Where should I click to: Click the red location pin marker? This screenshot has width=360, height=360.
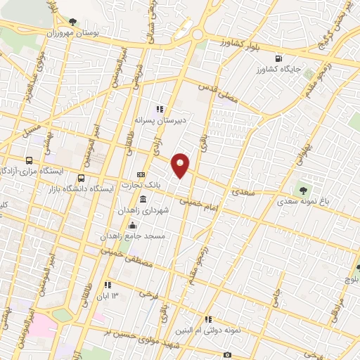(181, 165)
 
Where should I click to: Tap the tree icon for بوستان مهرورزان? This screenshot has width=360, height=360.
(73, 21)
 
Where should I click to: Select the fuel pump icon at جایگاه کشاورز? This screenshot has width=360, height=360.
(280, 58)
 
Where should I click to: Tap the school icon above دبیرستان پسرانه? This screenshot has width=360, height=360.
(160, 109)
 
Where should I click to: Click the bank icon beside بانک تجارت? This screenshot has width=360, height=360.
(141, 174)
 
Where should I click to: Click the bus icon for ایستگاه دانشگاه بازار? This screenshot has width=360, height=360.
(82, 178)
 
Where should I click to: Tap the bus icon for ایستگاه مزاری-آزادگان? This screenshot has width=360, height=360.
(29, 160)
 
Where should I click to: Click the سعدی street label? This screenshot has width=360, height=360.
(243, 191)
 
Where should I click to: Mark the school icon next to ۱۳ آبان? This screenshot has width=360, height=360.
(107, 285)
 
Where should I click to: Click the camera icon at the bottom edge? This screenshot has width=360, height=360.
(227, 355)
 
